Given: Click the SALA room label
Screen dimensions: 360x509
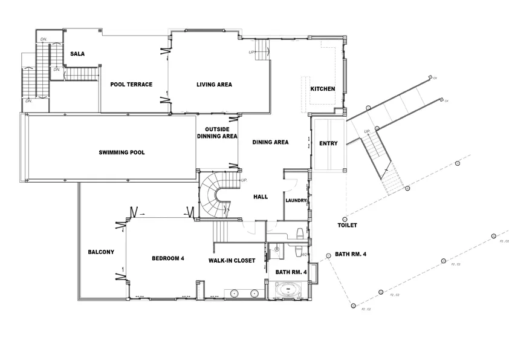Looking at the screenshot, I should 77,54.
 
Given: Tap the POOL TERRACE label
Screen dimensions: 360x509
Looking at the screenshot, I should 131,84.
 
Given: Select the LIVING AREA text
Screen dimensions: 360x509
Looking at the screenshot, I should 214,84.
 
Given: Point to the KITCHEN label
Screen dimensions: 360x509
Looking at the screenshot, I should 323,89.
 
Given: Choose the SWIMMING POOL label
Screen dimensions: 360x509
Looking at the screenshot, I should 122,152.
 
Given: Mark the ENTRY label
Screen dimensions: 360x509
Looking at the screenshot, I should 328,143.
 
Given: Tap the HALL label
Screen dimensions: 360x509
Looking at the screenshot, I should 260,197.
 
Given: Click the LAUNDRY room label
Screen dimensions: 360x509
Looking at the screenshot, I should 296,200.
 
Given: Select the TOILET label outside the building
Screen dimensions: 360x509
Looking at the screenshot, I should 347,225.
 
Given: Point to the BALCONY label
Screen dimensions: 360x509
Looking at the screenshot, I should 101,252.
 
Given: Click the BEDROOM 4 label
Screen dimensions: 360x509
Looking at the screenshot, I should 167,258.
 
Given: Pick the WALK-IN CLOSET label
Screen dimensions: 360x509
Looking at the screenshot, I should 232,261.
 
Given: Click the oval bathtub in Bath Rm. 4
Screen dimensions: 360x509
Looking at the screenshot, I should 288,292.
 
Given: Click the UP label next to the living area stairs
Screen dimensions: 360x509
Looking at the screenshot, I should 251,53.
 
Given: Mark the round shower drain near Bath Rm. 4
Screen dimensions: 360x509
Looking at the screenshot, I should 276,247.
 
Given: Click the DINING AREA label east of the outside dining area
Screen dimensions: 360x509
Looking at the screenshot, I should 270,142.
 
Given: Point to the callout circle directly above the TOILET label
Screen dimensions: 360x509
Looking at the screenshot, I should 345,219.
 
